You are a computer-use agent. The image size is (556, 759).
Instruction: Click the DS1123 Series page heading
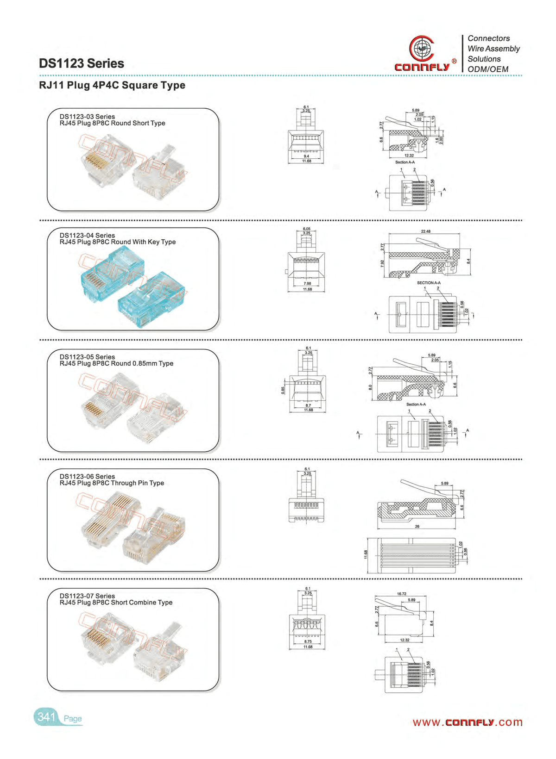[82, 63]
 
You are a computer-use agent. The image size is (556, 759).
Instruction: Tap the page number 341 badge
[46, 717]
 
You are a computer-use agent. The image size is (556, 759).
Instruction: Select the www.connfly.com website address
[467, 722]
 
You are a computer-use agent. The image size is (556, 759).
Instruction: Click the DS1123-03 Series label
[87, 117]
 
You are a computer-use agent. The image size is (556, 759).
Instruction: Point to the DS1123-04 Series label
[87, 235]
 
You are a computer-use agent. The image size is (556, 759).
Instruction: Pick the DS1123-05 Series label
[87, 357]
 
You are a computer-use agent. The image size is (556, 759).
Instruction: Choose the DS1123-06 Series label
[87, 476]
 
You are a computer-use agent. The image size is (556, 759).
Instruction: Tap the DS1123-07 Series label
[87, 596]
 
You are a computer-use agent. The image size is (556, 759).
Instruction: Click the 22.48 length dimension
[425, 231]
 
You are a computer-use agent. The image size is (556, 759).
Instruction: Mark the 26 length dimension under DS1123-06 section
[417, 527]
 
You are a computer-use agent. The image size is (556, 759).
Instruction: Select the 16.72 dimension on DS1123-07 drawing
[401, 594]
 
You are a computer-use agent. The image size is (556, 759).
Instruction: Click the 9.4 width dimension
[306, 156]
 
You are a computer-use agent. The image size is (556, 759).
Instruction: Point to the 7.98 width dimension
[307, 284]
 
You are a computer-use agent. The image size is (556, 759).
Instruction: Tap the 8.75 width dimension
[308, 641]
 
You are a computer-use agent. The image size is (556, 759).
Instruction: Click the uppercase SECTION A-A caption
[429, 283]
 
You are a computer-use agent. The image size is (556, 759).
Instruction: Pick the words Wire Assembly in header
[493, 49]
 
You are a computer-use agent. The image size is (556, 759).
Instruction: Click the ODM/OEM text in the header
[488, 69]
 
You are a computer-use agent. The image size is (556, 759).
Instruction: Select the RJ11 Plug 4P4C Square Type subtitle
[112, 85]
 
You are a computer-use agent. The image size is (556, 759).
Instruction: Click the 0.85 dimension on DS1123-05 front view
[283, 390]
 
